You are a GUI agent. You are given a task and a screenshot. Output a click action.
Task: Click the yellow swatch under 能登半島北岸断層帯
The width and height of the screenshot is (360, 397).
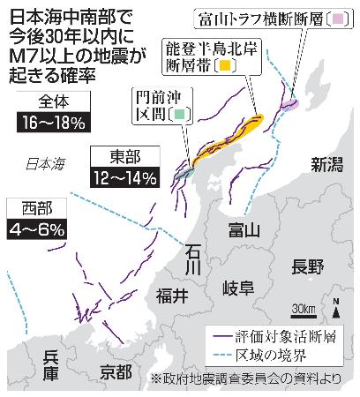click(226, 65)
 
